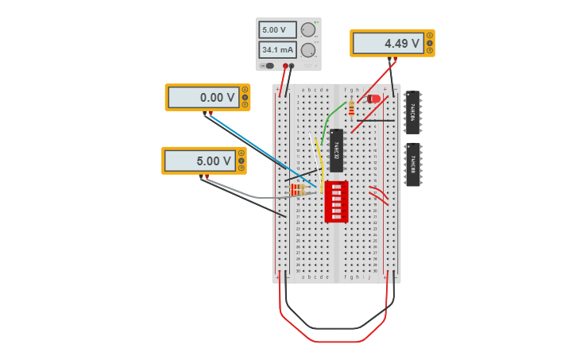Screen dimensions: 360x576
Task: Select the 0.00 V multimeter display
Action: coord(203,98)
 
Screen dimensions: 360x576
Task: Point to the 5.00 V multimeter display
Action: coord(200,161)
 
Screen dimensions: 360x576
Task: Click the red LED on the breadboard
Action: coord(373,99)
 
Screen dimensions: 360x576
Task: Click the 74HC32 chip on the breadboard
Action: coord(336,150)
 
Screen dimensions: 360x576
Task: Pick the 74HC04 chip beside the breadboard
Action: coord(413,112)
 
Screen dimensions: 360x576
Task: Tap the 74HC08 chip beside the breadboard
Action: coord(413,165)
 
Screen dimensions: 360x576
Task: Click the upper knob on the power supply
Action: coord(308,29)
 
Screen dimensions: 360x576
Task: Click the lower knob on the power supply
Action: coord(308,50)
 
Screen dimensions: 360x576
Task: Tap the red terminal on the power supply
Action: coord(285,66)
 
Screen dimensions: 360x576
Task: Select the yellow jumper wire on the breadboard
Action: coord(319,159)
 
